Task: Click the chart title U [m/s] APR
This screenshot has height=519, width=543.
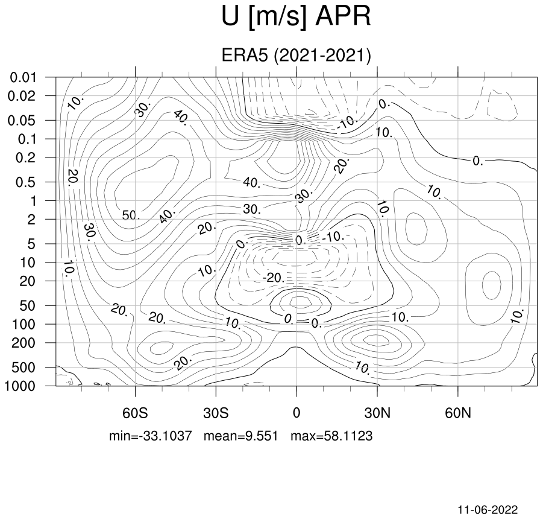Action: pos(296,17)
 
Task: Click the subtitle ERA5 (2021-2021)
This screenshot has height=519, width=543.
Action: pos(296,55)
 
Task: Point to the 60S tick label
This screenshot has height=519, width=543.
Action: pos(135,413)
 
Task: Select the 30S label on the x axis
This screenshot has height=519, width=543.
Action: pos(216,413)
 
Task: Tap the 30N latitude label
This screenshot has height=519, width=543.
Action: pos(377,413)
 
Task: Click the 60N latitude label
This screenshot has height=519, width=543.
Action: pos(458,413)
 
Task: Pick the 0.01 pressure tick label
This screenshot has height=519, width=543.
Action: pos(23,77)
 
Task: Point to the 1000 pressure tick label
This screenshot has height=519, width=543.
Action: pos(20,386)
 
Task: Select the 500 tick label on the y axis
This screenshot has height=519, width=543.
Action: pos(24,368)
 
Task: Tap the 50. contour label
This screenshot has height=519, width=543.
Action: pos(131,215)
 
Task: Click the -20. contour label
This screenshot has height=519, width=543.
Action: pos(274,278)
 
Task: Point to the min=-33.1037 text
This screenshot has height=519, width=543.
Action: pos(150,436)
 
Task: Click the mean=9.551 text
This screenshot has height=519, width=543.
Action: pos(240,436)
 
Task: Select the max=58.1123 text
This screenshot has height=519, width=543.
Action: pos(331,436)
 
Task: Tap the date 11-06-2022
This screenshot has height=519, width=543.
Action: pos(488,509)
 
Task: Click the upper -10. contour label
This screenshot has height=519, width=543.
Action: pos(347,122)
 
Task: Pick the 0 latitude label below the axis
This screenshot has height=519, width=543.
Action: pos(297,413)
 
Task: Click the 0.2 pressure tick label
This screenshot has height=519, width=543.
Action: pos(26,158)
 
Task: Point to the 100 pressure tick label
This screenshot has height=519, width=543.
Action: pos(24,325)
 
